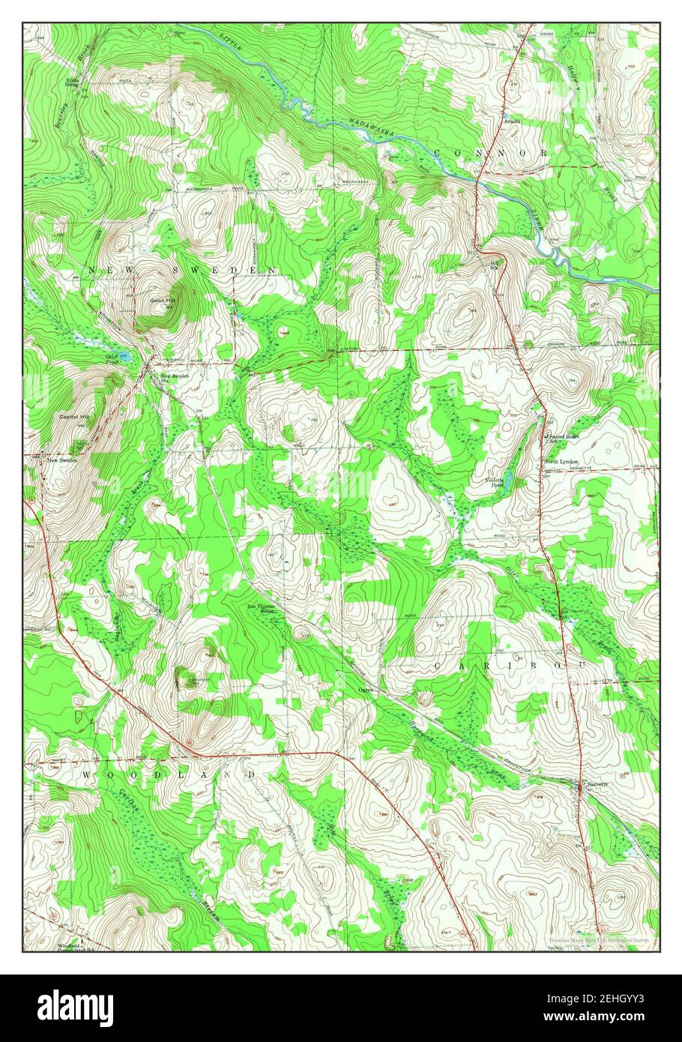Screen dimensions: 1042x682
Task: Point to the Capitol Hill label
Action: tap(74, 416)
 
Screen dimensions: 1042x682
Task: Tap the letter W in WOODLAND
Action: tap(87, 774)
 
